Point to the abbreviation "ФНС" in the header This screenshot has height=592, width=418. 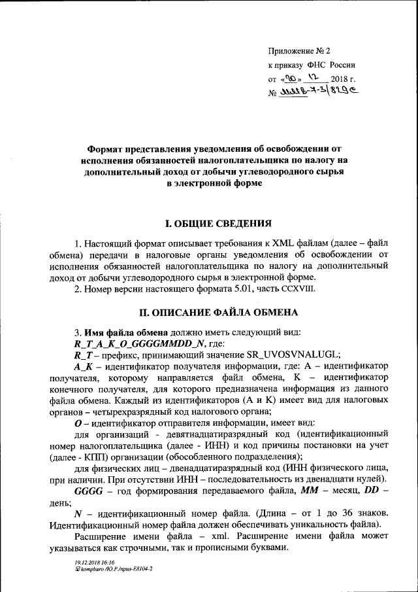pyautogui.click(x=325, y=66)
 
